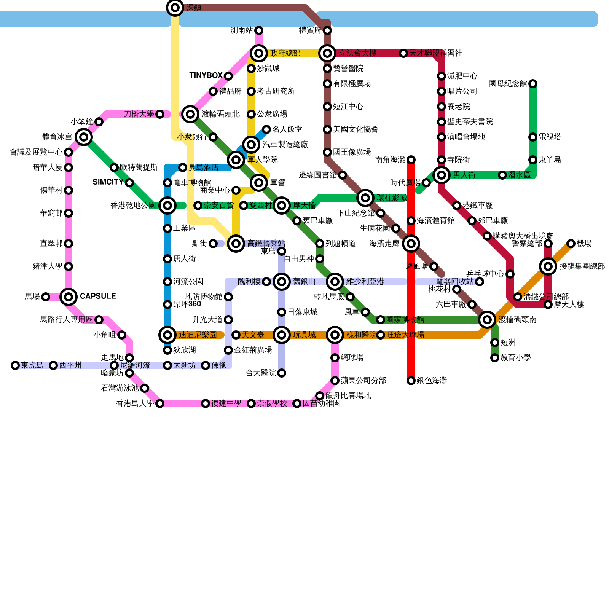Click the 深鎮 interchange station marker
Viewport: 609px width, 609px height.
click(175, 7)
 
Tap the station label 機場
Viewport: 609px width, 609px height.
click(584, 244)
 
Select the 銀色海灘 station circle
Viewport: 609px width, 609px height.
click(411, 381)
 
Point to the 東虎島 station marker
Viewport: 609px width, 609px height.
click(15, 365)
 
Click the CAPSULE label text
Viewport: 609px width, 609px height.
click(98, 296)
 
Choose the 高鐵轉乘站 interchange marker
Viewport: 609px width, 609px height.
click(236, 243)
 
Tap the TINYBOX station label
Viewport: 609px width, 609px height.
click(206, 75)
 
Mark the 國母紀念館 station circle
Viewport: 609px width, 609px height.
click(533, 84)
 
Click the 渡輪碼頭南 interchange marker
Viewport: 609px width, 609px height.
click(487, 320)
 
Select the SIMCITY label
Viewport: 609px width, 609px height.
click(108, 182)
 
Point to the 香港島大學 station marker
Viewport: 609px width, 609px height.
click(160, 403)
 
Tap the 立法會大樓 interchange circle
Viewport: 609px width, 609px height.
click(327, 53)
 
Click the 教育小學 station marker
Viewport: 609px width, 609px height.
click(495, 358)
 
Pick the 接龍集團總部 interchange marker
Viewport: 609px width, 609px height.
click(548, 266)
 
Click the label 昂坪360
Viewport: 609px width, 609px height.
click(187, 304)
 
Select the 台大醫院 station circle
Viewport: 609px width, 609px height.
click(282, 373)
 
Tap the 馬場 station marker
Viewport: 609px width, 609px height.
click(46, 297)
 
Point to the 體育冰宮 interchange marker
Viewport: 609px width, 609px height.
click(84, 137)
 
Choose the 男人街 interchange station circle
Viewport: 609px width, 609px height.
click(442, 175)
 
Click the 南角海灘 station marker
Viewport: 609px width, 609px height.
click(411, 160)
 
